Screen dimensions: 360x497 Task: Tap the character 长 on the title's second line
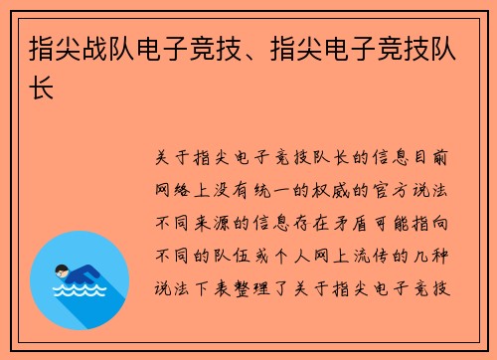pyautogui.click(x=43, y=89)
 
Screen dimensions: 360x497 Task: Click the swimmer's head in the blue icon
pyautogui.click(x=64, y=270)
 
